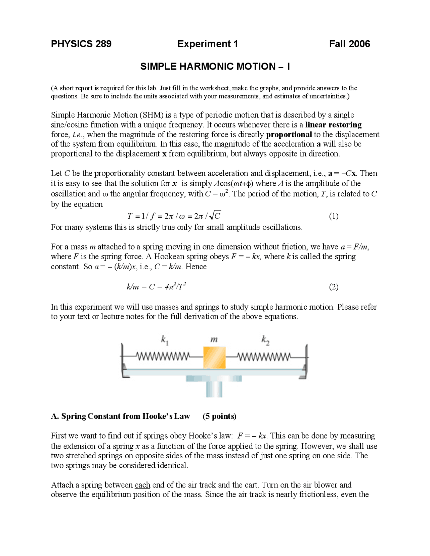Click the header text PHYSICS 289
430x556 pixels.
click(x=81, y=44)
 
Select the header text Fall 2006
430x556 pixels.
click(x=349, y=44)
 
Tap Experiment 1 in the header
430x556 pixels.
click(x=208, y=44)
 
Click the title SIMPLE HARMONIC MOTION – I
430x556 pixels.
click(x=215, y=66)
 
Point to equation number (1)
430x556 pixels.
click(x=334, y=216)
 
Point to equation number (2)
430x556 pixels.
click(x=334, y=287)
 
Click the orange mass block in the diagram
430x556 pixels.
click(x=214, y=358)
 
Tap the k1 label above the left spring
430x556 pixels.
click(x=165, y=340)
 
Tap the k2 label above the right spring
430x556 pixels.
click(x=265, y=340)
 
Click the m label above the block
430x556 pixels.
click(x=214, y=339)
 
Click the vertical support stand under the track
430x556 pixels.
click(x=214, y=389)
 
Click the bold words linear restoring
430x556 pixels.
click(x=333, y=125)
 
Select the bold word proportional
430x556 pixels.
click(x=289, y=135)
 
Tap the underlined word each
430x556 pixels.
click(x=142, y=485)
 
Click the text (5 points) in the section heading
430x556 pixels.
click(x=219, y=416)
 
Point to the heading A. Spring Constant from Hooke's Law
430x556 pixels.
click(x=121, y=416)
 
